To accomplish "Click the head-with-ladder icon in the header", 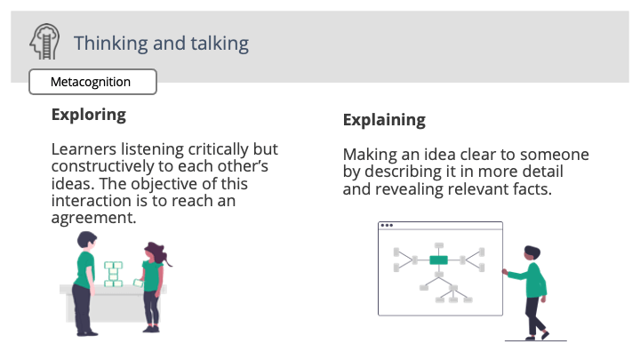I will pos(44,43).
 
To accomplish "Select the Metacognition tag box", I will pos(92,83).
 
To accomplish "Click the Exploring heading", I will pos(88,115).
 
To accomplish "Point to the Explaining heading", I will pos(384,120).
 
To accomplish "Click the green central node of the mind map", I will pos(438,260).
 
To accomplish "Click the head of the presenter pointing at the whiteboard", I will pos(531,253).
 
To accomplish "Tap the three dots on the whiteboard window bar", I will pos(387,226).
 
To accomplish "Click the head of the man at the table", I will pos(86,240).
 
